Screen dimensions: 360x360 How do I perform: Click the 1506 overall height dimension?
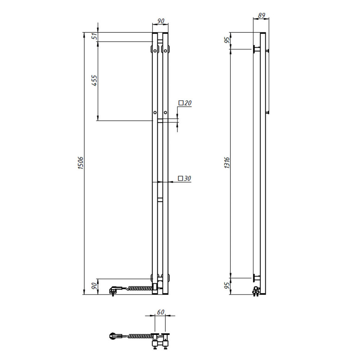80,163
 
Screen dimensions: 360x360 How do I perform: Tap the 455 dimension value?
94,81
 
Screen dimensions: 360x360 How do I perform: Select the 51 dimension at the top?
94,36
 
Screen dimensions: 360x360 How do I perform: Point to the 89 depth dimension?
261,15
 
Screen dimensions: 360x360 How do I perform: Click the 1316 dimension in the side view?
227,163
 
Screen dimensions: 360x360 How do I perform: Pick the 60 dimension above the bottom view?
161,312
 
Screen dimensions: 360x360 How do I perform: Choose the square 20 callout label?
185,103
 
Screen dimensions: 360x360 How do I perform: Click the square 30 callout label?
185,179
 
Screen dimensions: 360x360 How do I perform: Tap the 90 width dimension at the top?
161,21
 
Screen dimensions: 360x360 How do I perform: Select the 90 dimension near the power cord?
94,286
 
